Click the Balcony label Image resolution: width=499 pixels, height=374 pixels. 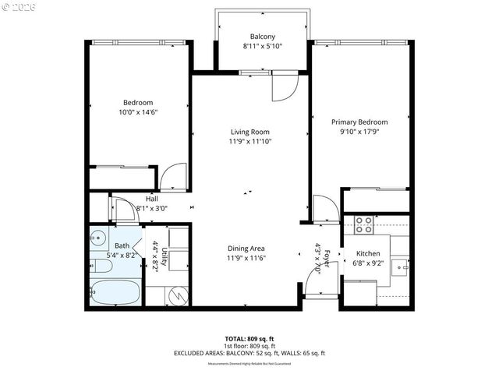(262, 37)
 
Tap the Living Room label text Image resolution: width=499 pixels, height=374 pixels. (249, 132)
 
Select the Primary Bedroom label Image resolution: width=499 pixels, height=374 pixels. (359, 122)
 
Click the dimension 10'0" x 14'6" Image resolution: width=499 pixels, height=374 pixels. (137, 112)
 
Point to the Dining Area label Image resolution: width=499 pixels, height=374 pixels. (246, 249)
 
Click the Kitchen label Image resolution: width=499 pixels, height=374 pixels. (368, 254)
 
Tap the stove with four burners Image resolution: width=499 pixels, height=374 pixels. (363, 225)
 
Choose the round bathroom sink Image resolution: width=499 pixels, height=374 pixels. (99, 237)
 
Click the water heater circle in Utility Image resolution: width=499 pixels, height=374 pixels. (178, 297)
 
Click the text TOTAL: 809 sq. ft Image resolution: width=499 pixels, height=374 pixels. (249, 339)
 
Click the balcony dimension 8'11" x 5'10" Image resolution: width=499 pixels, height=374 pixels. (262, 47)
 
